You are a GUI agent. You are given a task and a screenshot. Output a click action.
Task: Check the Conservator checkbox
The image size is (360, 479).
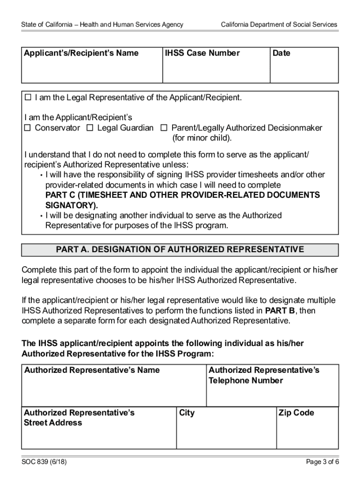click(28, 128)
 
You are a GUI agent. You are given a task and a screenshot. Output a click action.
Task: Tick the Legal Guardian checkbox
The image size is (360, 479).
click(90, 128)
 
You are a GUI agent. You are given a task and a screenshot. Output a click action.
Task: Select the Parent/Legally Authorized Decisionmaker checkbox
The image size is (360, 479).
click(164, 128)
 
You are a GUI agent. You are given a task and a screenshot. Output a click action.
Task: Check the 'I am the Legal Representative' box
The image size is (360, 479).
click(28, 97)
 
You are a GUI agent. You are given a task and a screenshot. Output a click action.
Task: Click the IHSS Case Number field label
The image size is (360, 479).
click(202, 53)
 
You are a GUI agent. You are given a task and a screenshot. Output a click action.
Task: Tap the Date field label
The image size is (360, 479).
click(281, 53)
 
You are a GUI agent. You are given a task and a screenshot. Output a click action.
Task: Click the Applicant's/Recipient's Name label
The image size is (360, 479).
click(81, 53)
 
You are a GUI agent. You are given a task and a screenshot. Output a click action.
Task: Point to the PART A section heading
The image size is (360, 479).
click(180, 250)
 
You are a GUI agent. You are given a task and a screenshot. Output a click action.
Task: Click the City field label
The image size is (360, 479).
click(187, 413)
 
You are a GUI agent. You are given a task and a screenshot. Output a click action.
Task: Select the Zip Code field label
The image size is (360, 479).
click(296, 413)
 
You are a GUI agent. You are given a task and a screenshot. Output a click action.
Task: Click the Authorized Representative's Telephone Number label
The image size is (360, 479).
click(264, 375)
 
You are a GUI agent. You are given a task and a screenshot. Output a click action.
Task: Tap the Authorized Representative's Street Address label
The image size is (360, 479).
click(79, 418)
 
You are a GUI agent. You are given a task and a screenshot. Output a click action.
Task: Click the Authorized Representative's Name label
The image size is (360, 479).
click(92, 370)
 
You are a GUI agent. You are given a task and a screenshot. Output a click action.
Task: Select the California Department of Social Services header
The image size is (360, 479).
click(279, 24)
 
